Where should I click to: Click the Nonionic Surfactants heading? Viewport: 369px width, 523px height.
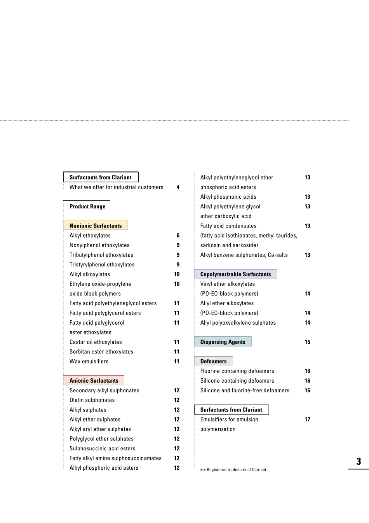point(96,226)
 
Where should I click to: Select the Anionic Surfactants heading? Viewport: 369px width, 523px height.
point(94,381)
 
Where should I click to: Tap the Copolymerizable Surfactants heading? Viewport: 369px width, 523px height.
point(235,274)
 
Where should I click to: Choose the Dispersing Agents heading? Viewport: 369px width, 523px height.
point(223,342)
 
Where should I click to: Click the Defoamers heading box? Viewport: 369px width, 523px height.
point(213,361)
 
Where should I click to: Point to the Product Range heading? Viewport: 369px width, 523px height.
point(87,206)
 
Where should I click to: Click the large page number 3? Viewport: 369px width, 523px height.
point(359,462)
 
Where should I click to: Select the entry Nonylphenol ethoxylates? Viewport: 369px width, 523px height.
point(99,245)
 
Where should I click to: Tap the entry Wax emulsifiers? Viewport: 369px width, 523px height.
point(89,361)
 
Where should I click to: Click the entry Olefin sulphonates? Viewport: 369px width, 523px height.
point(92,400)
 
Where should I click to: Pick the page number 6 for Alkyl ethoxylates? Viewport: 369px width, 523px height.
point(178,236)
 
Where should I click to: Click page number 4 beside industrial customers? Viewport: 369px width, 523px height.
point(178,187)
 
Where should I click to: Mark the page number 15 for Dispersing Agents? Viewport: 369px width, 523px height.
point(307,342)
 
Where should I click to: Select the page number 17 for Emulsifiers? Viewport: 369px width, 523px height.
point(307,420)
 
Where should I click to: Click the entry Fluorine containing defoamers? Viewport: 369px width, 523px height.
point(237,371)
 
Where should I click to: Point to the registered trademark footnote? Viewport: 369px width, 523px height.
point(233,470)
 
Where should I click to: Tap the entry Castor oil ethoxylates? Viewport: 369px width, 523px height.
point(96,342)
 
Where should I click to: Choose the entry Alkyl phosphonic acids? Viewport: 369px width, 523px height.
point(228,197)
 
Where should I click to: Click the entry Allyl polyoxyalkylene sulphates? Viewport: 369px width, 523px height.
point(238,323)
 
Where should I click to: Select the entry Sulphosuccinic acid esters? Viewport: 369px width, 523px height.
point(102,448)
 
